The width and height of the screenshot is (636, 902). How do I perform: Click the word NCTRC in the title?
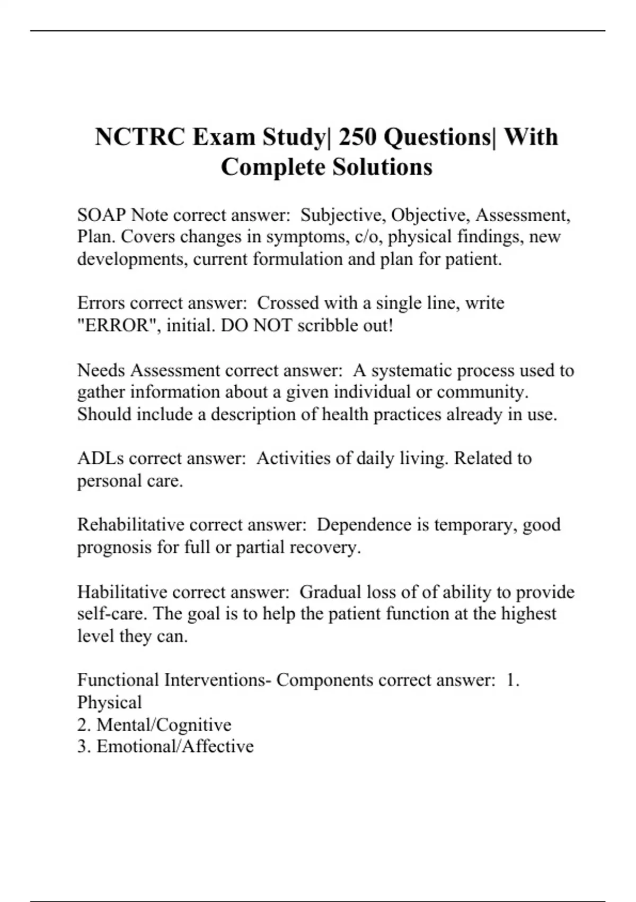point(140,137)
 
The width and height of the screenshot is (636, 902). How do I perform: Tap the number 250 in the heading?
point(357,137)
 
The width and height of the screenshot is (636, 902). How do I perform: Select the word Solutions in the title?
point(382,167)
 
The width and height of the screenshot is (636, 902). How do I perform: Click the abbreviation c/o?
point(367,237)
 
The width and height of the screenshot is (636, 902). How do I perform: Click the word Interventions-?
point(218,680)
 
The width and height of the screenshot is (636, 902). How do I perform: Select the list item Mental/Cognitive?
point(164,724)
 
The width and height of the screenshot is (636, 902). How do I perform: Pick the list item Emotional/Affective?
point(175,747)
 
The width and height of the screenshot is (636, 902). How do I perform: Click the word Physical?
point(109,702)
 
